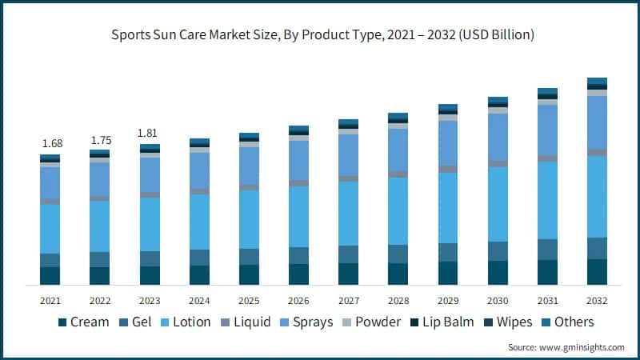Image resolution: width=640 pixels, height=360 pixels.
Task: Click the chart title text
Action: pyautogui.click(x=320, y=35)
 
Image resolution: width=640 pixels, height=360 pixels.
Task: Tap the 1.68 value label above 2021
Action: pyautogui.click(x=50, y=143)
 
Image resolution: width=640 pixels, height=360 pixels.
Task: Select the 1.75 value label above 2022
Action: pyautogui.click(x=100, y=140)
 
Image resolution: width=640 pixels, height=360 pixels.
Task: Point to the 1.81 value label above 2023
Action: pyautogui.click(x=150, y=134)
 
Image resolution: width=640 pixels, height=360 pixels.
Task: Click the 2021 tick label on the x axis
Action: pyautogui.click(x=50, y=300)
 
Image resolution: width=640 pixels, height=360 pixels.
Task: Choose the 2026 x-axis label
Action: pyautogui.click(x=298, y=300)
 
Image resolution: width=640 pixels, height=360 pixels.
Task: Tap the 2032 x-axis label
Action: pyautogui.click(x=597, y=300)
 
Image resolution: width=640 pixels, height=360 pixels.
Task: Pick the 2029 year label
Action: pyautogui.click(x=448, y=300)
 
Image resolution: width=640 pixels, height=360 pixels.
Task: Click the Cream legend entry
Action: pyautogui.click(x=84, y=322)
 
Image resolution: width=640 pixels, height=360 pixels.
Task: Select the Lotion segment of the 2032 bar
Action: pyautogui.click(x=597, y=196)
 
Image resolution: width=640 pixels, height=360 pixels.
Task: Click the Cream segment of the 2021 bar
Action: pyautogui.click(x=50, y=275)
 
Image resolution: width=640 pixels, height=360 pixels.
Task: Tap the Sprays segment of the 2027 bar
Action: pyautogui.click(x=348, y=155)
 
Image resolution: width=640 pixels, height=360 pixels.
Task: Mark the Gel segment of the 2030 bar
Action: pyautogui.click(x=498, y=250)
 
